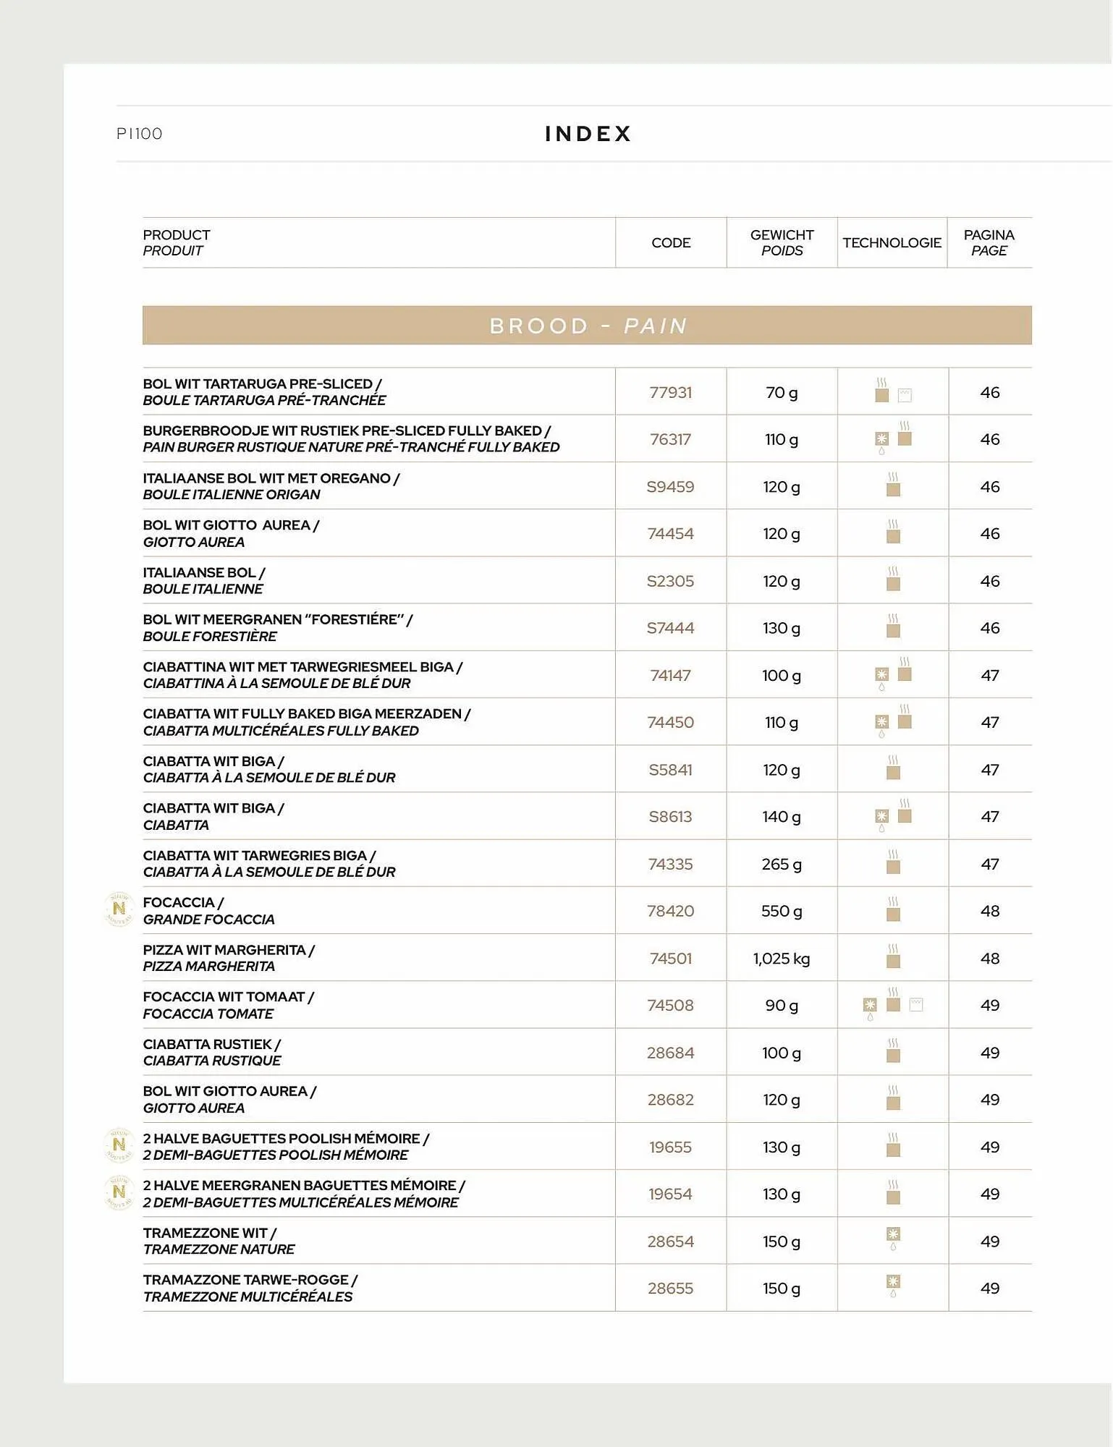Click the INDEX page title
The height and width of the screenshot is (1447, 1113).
click(x=588, y=134)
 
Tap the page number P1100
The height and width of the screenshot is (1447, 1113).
click(x=140, y=134)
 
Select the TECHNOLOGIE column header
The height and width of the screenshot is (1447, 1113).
click(x=892, y=243)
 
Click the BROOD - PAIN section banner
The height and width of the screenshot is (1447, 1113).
click(x=587, y=326)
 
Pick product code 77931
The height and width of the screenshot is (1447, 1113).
click(x=670, y=393)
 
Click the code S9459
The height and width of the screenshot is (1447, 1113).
click(x=670, y=487)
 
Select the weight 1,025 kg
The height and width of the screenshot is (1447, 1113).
click(x=781, y=959)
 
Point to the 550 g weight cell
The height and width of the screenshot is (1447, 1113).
click(x=781, y=912)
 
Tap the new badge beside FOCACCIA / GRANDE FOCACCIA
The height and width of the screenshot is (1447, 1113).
click(x=119, y=909)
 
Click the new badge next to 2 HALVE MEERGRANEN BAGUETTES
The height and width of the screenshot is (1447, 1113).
click(x=119, y=1192)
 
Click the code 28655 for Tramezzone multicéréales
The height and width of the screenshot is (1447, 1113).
click(x=670, y=1289)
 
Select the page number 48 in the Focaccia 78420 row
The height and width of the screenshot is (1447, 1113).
click(x=989, y=912)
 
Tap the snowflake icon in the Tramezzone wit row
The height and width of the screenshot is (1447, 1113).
click(x=893, y=1235)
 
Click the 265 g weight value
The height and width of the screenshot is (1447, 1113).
click(x=781, y=865)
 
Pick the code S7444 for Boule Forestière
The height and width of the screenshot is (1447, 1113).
click(x=670, y=629)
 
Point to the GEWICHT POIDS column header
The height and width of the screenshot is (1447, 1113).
click(x=782, y=243)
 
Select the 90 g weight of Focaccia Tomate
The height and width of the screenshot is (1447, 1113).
click(x=781, y=1006)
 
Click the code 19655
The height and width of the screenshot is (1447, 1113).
click(x=670, y=1147)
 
